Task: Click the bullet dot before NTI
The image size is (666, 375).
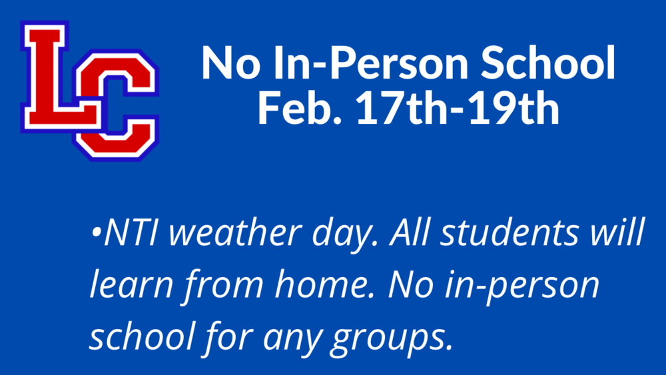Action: click(97, 232)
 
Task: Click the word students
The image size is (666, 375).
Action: click(509, 232)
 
